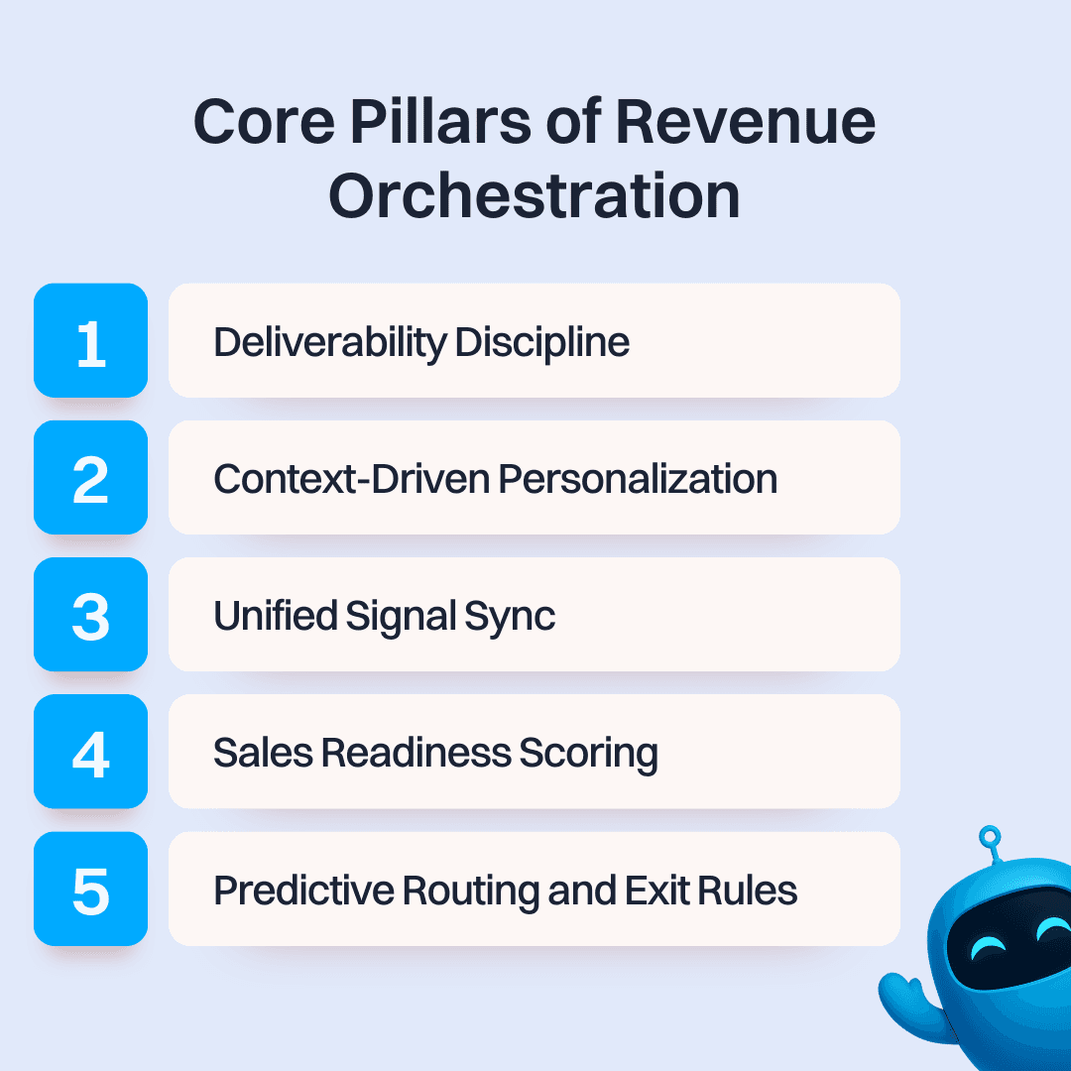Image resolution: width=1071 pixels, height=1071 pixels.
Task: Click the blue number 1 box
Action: (90, 340)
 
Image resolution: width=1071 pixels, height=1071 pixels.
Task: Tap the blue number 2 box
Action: (90, 478)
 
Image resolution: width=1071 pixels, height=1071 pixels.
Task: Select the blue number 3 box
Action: (90, 615)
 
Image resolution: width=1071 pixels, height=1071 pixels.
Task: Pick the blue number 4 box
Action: (90, 752)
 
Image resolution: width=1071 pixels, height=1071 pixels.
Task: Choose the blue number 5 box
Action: (90, 889)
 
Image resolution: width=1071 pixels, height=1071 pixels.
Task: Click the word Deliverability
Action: (330, 343)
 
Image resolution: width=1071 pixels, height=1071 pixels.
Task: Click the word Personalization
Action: (638, 480)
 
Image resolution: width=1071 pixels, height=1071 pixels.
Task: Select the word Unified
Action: (276, 617)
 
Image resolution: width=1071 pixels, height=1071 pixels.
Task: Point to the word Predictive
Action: (302, 891)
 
